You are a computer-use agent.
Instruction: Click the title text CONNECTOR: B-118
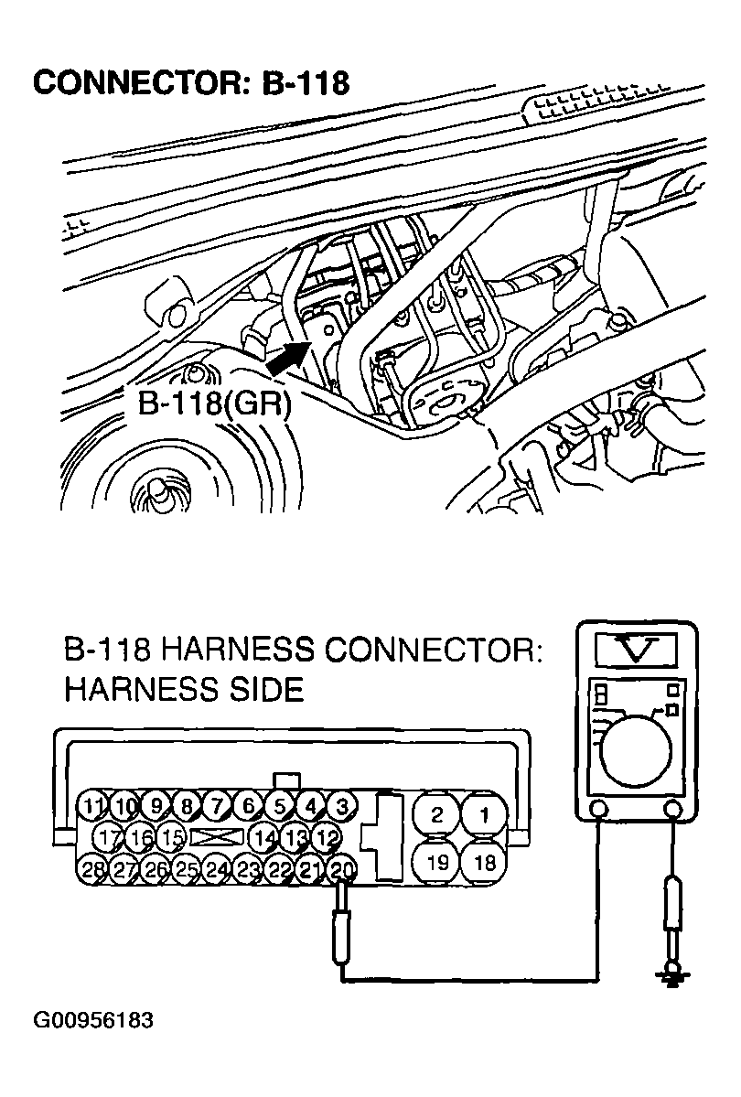pyautogui.click(x=191, y=82)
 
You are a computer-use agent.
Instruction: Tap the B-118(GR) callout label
pyautogui.click(x=214, y=403)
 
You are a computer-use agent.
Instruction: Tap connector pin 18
pyautogui.click(x=484, y=862)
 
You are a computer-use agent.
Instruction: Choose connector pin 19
pyautogui.click(x=436, y=862)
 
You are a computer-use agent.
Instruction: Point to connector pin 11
pyautogui.click(x=92, y=806)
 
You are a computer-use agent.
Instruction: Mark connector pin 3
pyautogui.click(x=341, y=806)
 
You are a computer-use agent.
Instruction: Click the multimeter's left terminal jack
pyautogui.click(x=598, y=810)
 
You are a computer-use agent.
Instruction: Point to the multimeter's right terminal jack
pyautogui.click(x=674, y=810)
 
